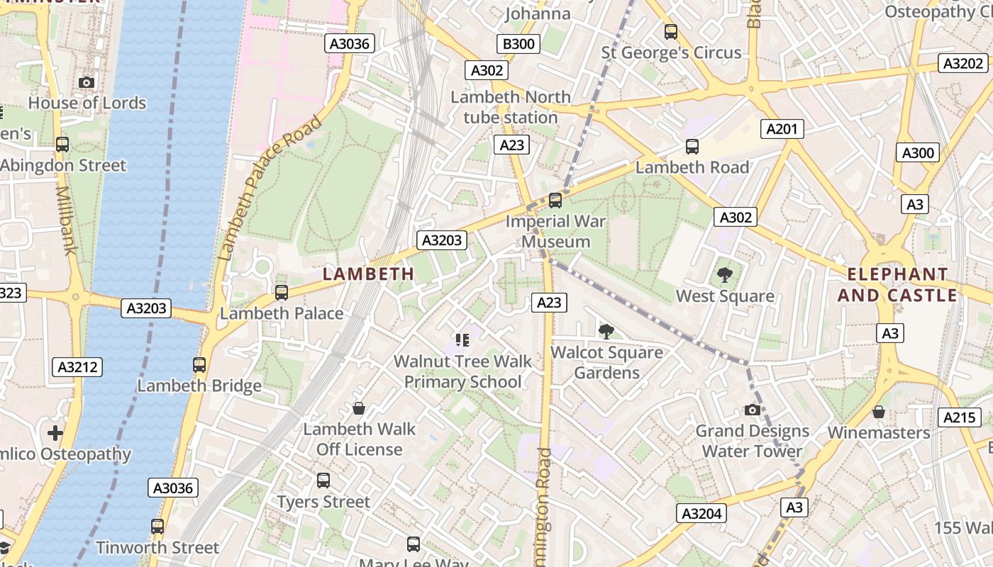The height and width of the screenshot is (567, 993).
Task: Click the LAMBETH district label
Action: coord(369,274)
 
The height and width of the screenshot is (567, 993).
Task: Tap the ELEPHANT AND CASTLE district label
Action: coord(897,285)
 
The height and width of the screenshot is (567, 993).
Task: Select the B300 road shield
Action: coord(518,44)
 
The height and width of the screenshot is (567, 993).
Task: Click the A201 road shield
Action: coord(782,129)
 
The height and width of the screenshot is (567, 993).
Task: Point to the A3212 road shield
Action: coord(78,367)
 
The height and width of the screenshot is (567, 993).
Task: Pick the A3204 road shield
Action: coord(701,514)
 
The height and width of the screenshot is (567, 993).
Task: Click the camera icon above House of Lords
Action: coord(87,83)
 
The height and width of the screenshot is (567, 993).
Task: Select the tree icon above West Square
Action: coord(724,275)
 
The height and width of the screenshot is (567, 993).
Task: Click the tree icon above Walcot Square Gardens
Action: coord(606,331)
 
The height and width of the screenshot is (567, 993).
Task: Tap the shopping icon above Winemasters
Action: coord(878,412)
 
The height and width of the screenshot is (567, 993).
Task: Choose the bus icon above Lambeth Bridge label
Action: coord(199,365)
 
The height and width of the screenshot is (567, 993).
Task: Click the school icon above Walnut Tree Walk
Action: coord(462,340)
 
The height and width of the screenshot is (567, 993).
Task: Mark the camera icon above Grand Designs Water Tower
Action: coord(752,410)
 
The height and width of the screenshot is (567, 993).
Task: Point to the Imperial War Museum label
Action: coord(556,231)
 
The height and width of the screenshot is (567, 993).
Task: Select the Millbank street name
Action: coord(65,220)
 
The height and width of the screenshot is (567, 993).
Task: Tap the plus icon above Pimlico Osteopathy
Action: coord(55,432)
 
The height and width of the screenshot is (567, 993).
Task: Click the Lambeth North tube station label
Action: coord(511,107)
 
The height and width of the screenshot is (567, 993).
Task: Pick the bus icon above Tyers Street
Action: coord(323,481)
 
